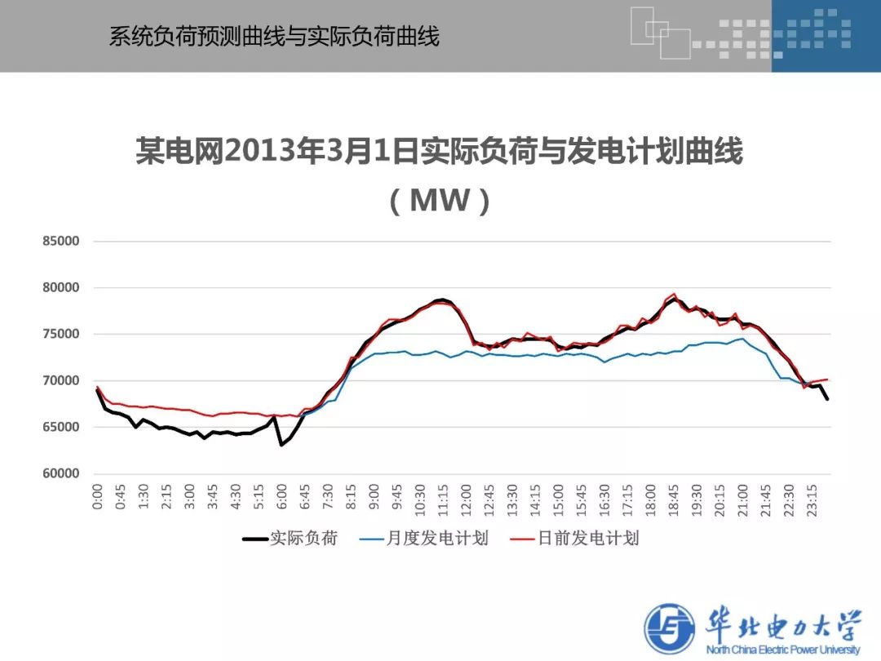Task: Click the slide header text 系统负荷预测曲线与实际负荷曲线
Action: pos(274,37)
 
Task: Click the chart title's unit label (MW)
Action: pos(440,201)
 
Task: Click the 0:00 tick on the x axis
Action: pos(98,498)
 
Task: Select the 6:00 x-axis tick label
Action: pos(282,498)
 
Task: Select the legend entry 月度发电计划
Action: pos(436,539)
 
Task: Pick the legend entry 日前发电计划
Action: pos(588,539)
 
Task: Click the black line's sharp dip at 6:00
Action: pos(281,445)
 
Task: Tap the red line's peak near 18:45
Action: pos(674,294)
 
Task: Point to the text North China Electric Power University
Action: pos(783,650)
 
